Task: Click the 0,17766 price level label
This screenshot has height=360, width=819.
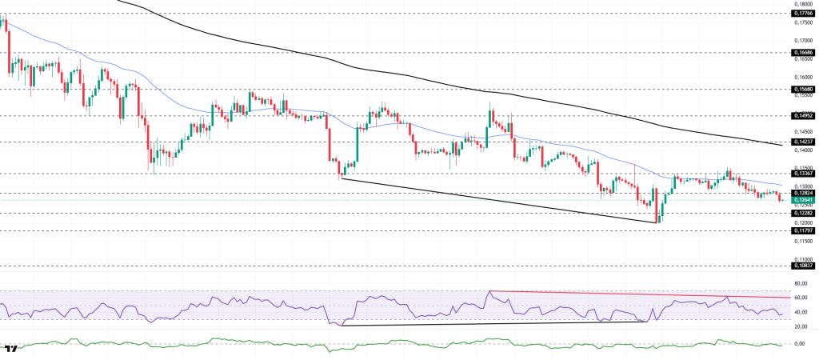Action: click(x=803, y=14)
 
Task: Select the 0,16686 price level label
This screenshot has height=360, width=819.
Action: click(x=803, y=53)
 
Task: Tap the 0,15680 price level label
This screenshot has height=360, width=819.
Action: click(x=803, y=89)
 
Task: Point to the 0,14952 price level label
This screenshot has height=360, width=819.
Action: click(x=803, y=115)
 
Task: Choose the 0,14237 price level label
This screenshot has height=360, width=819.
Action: click(x=803, y=142)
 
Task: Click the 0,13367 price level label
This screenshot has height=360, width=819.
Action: click(x=803, y=173)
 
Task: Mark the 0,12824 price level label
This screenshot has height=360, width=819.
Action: click(x=803, y=193)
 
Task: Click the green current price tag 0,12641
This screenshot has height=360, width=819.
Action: click(x=803, y=200)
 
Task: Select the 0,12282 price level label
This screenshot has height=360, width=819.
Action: click(x=803, y=214)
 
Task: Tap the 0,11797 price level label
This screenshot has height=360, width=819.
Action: click(x=803, y=230)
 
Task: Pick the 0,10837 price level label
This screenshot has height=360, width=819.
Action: click(x=803, y=266)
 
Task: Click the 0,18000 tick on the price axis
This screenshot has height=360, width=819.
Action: click(x=803, y=4)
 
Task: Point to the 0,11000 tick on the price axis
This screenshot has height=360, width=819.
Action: click(x=803, y=259)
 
